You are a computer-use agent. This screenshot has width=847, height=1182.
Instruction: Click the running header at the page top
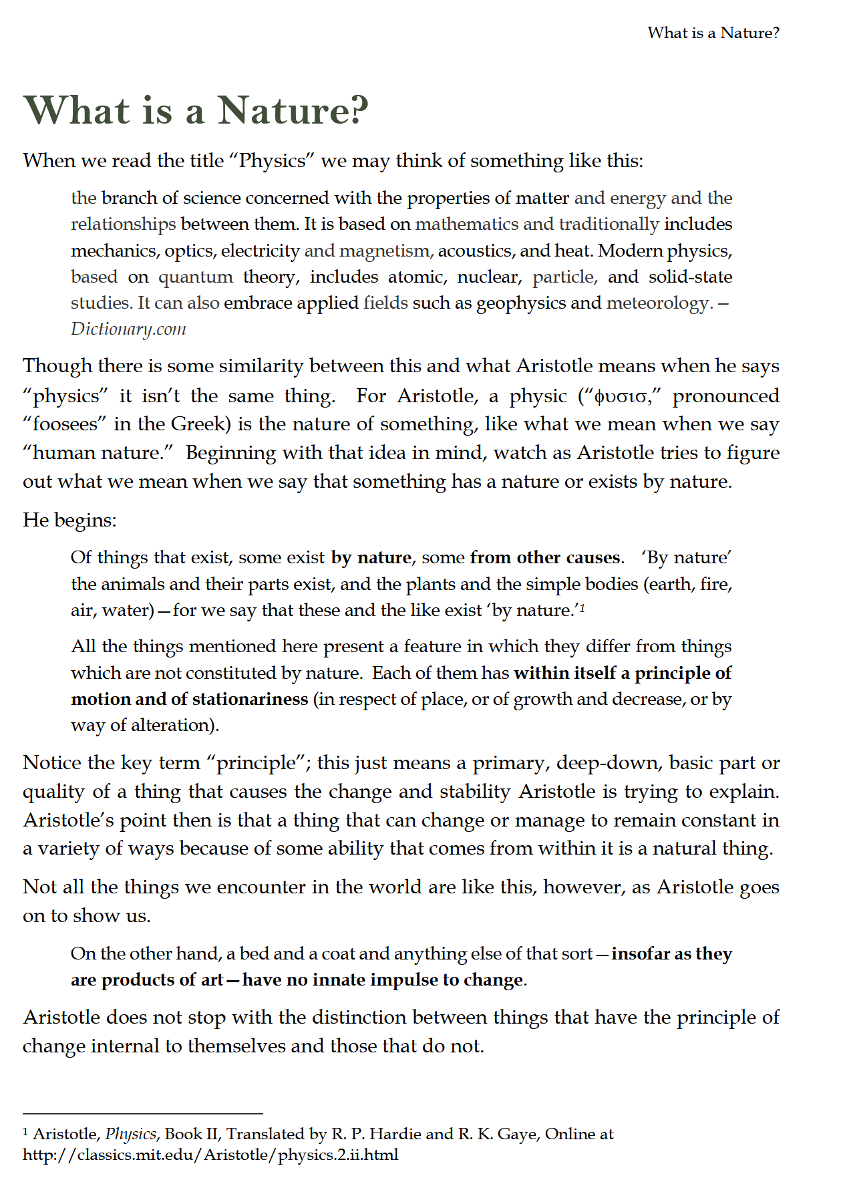tap(713, 33)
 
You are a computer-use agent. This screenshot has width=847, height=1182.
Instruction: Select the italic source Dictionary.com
tap(128, 329)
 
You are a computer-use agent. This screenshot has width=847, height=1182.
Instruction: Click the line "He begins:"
tap(69, 520)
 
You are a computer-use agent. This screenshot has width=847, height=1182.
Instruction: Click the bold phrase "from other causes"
tap(545, 557)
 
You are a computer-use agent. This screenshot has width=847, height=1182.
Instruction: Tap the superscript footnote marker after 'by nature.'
tap(582, 607)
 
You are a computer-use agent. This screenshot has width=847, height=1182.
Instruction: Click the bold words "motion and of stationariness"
tap(189, 699)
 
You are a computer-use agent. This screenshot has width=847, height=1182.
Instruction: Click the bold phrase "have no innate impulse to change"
tap(383, 980)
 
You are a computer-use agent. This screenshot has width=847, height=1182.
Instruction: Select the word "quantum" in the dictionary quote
tap(195, 277)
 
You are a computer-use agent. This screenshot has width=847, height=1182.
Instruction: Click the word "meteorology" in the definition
tap(657, 303)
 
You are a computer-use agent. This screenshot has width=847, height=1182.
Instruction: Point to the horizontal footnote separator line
tap(142, 1114)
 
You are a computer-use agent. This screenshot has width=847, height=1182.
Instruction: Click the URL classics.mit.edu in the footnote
tap(210, 1155)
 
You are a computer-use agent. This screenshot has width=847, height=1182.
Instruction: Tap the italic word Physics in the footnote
tap(130, 1134)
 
